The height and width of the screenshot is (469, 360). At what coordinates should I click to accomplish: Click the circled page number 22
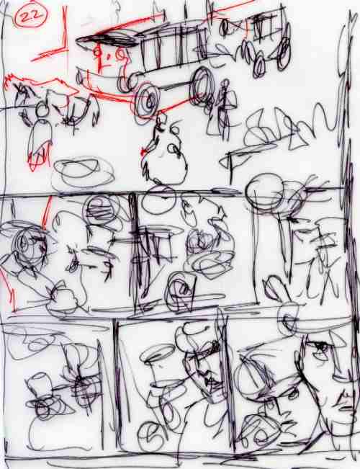pos(30,16)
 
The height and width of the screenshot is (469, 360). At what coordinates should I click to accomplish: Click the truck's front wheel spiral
pos(148,99)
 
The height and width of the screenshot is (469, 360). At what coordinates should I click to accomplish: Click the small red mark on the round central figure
pos(143,153)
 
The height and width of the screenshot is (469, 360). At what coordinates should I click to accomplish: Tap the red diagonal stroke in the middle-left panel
pos(47,212)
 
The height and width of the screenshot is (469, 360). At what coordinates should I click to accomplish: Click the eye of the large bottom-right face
pos(320,347)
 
